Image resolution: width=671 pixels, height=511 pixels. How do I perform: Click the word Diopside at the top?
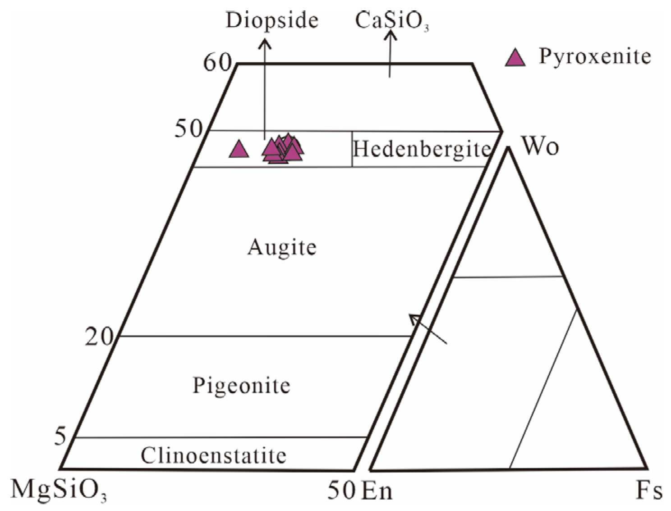(x=272, y=20)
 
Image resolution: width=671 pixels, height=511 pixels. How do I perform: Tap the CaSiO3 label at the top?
(x=391, y=21)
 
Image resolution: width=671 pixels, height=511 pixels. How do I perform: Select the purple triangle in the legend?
(x=515, y=58)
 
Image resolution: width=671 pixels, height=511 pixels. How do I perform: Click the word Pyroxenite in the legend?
(x=595, y=56)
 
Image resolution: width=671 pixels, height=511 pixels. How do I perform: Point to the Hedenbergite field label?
(x=421, y=149)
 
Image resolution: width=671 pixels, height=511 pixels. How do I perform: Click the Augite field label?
(x=282, y=247)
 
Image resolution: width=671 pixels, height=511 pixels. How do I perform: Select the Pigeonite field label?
(x=241, y=386)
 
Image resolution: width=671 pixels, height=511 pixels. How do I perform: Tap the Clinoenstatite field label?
(x=213, y=456)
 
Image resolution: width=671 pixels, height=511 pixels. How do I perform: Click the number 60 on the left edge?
(x=217, y=62)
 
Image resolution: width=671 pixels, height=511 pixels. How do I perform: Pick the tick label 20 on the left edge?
(x=99, y=336)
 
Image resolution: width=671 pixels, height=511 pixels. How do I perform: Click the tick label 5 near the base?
(x=60, y=436)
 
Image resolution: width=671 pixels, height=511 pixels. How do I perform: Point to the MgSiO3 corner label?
(x=59, y=490)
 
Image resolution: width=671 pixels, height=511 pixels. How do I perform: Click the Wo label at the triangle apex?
(x=540, y=146)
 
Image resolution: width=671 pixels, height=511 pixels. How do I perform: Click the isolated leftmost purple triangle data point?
(x=239, y=149)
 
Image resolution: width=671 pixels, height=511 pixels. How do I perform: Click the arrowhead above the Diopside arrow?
(x=265, y=43)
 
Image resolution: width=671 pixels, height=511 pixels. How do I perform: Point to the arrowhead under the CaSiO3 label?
(x=391, y=35)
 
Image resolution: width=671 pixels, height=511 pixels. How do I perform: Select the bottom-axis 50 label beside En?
(x=341, y=490)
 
